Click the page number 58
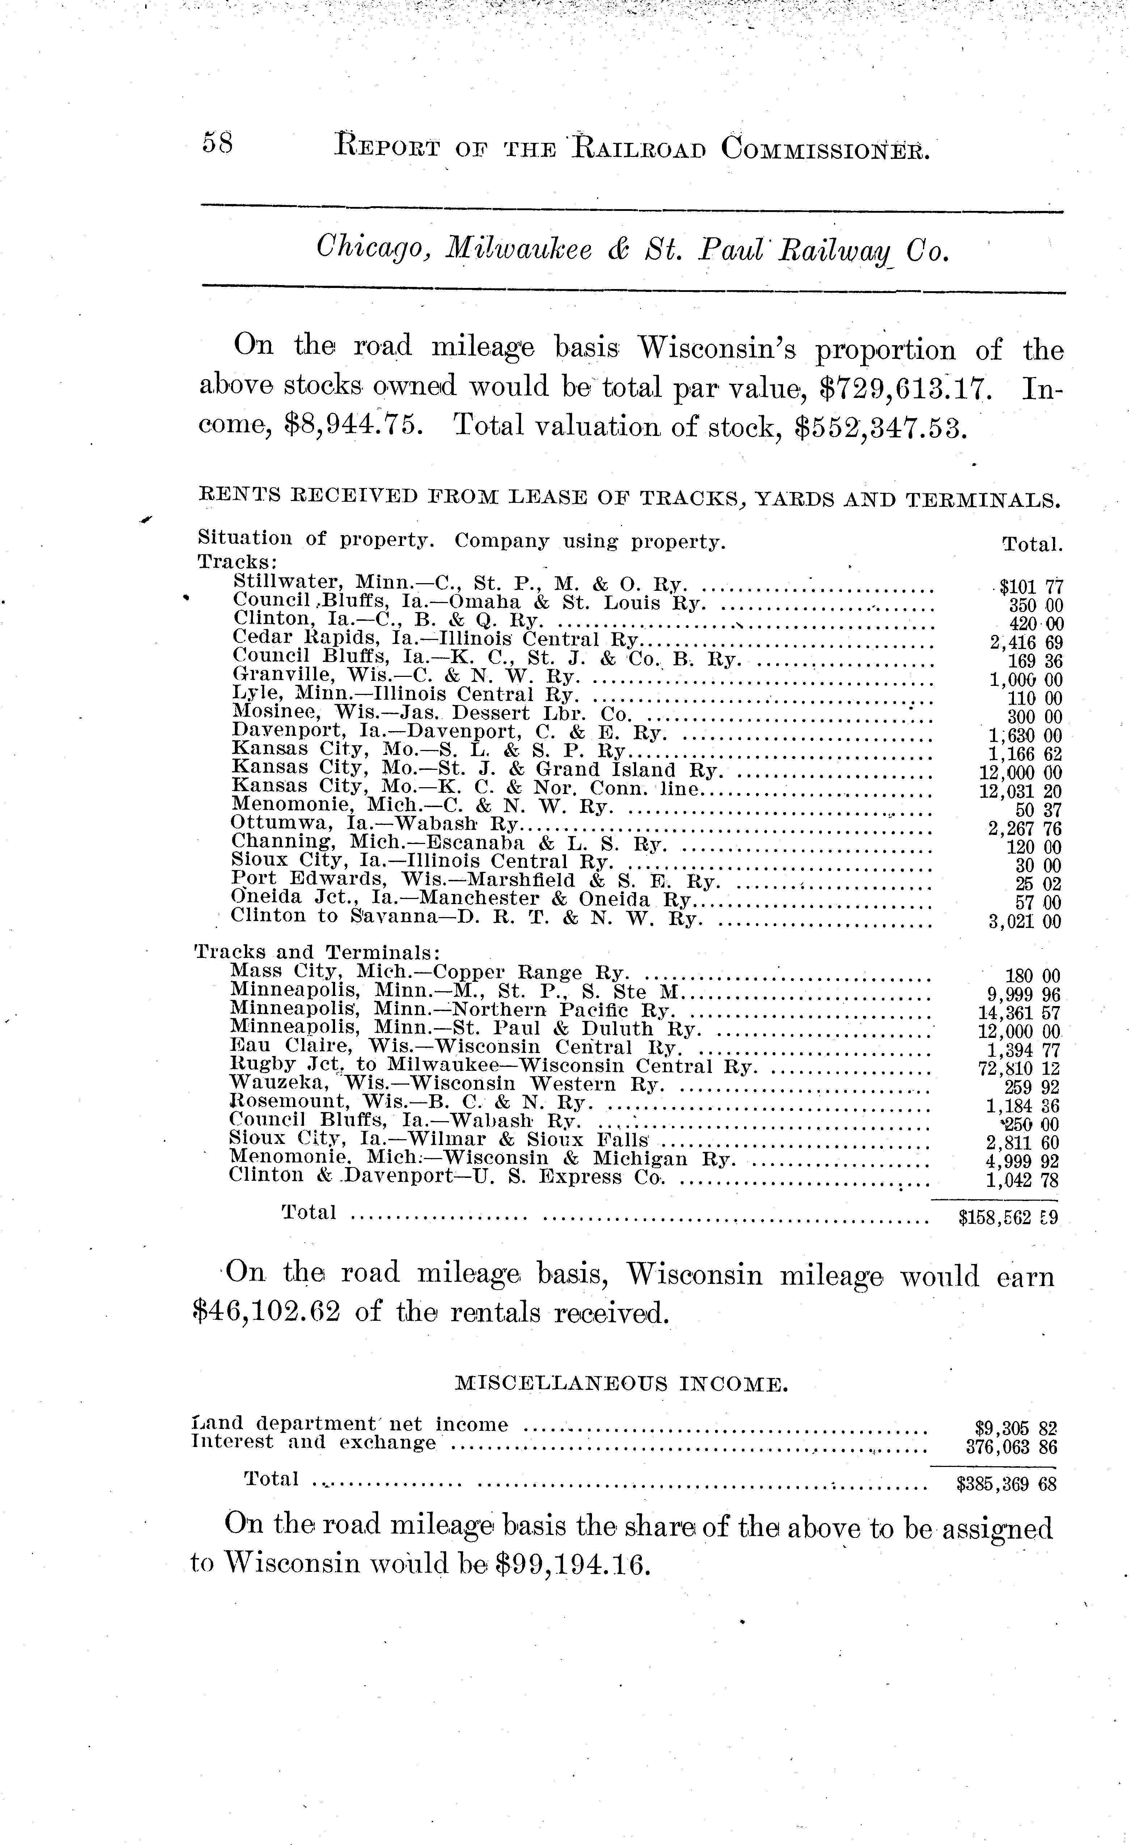click(217, 142)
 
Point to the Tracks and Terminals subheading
click(317, 953)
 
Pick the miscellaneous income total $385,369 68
click(1006, 1483)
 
